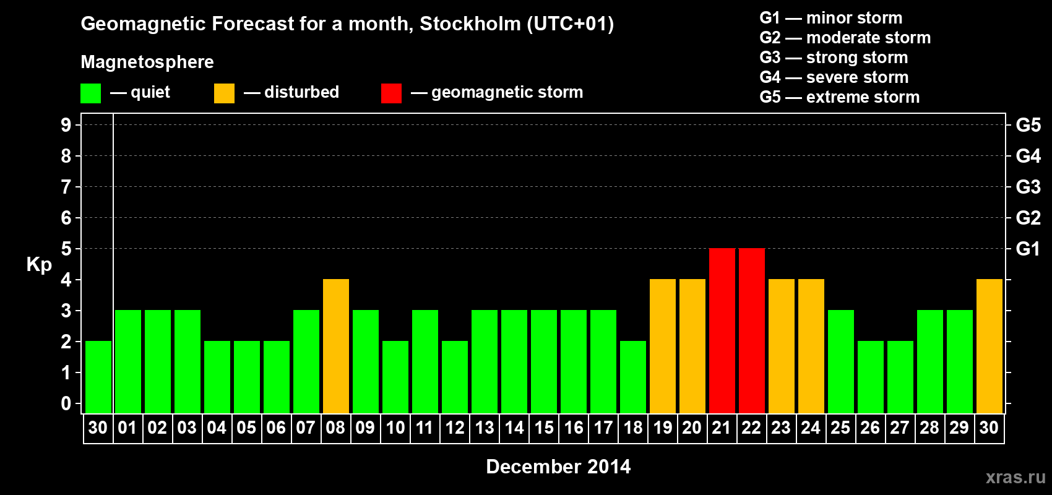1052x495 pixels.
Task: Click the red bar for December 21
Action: [x=722, y=331]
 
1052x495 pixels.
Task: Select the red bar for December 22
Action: [x=751, y=331]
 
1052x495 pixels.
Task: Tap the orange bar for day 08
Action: [x=335, y=346]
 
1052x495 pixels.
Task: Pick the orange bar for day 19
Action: [x=662, y=346]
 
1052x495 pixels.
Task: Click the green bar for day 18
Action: [x=632, y=377]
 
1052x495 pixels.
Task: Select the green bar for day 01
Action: [x=127, y=362]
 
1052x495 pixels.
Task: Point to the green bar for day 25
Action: [x=840, y=362]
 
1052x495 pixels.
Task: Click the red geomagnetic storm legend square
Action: [x=391, y=93]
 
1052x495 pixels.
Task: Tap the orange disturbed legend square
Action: [x=224, y=93]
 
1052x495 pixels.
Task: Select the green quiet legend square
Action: [x=90, y=93]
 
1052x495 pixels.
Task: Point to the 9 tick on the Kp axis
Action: [x=66, y=125]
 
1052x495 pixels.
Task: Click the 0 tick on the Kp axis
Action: [x=66, y=404]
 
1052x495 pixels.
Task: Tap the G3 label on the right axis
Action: [x=1028, y=187]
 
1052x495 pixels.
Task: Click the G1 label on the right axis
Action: [x=1028, y=249]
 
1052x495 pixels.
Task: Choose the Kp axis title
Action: [x=39, y=265]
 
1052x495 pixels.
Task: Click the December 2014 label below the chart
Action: [x=558, y=467]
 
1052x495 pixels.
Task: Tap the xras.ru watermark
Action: [x=1015, y=477]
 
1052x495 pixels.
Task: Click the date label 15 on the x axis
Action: [x=544, y=428]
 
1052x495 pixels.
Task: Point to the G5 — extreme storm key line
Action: [x=839, y=97]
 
